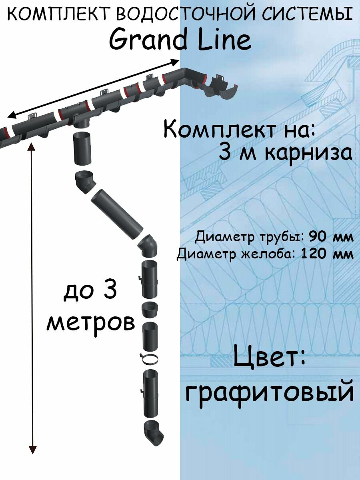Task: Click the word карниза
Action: point(308,153)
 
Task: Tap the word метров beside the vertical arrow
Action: point(91,322)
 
